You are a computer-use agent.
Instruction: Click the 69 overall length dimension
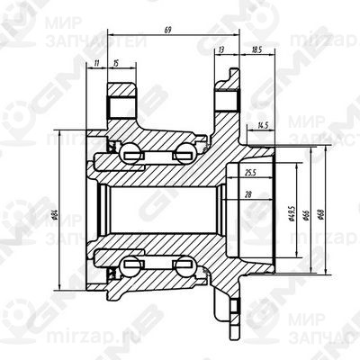168,31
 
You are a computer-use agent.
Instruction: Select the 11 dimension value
96,62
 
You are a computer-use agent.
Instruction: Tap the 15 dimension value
117,62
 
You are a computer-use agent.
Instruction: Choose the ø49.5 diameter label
294,214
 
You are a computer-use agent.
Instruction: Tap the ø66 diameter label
307,214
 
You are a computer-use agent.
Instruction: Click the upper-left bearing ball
132,151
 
